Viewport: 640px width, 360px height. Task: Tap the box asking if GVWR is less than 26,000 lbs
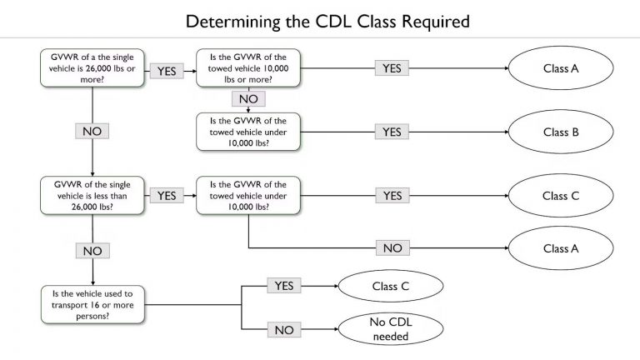pyautogui.click(x=92, y=195)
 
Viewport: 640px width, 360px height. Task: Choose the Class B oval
pyautogui.click(x=561, y=132)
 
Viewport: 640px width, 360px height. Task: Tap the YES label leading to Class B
pyautogui.click(x=392, y=132)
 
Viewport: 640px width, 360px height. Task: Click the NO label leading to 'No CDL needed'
pyautogui.click(x=283, y=330)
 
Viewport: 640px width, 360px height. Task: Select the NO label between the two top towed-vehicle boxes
pyautogui.click(x=248, y=99)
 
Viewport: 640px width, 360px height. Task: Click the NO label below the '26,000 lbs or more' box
pyautogui.click(x=92, y=132)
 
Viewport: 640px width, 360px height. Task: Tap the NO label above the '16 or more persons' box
pyautogui.click(x=92, y=249)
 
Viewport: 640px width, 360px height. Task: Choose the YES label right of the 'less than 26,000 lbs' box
pyautogui.click(x=167, y=195)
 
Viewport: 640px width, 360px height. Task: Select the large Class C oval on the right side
pyautogui.click(x=561, y=197)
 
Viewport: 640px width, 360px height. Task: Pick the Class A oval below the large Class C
pyautogui.click(x=561, y=247)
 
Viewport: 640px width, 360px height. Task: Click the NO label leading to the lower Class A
pyautogui.click(x=392, y=247)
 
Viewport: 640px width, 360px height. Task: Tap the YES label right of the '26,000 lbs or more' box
pyautogui.click(x=167, y=71)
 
